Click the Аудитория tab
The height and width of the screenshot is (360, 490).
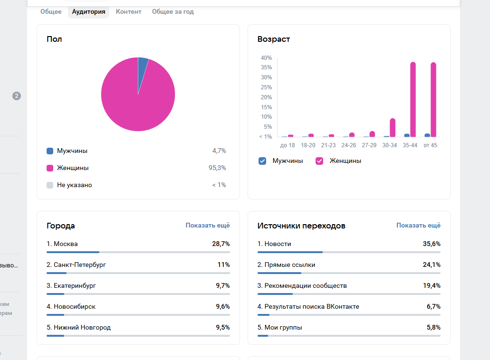[x=88, y=12]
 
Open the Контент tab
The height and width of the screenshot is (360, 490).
[x=128, y=12]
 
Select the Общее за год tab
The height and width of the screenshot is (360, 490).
[x=173, y=12]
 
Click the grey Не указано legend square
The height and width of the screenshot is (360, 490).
[x=50, y=185]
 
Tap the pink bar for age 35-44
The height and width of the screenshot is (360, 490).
[x=413, y=100]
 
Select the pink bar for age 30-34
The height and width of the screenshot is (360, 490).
[x=393, y=128]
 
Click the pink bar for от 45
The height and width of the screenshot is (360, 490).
[x=433, y=100]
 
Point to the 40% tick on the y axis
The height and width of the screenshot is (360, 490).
[x=266, y=58]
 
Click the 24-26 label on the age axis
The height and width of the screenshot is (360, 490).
[x=348, y=145]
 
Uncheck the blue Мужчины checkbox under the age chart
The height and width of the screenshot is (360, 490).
[x=262, y=161]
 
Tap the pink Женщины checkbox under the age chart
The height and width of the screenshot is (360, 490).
[x=319, y=161]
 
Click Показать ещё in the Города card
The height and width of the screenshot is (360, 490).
[x=207, y=226]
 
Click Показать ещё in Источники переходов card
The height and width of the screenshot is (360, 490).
[x=418, y=226]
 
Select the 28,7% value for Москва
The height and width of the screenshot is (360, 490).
[x=221, y=244]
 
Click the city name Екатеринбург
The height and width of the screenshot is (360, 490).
[x=75, y=286]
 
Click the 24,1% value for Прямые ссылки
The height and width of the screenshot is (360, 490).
[x=432, y=265]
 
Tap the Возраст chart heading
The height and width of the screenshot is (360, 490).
[x=273, y=39]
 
